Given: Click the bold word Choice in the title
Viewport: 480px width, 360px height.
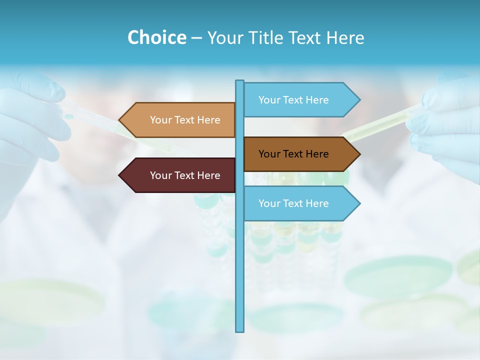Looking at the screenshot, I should tap(156, 37).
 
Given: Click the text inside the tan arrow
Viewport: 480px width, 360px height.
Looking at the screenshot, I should tap(185, 120).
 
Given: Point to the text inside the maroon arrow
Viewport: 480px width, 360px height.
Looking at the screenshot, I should tap(185, 175).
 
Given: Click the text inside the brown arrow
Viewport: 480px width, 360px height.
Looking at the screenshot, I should tap(293, 154).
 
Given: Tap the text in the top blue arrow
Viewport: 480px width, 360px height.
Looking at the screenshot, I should tap(293, 100).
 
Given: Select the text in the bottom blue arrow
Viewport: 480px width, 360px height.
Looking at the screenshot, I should tap(293, 203).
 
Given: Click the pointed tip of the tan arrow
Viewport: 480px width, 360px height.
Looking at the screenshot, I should tap(120, 120).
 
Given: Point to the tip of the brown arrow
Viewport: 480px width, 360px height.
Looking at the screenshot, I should tap(359, 154).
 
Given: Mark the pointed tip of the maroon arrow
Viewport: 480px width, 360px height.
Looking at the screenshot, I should tap(120, 175).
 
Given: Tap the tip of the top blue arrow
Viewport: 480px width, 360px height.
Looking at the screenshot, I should tap(359, 99).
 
